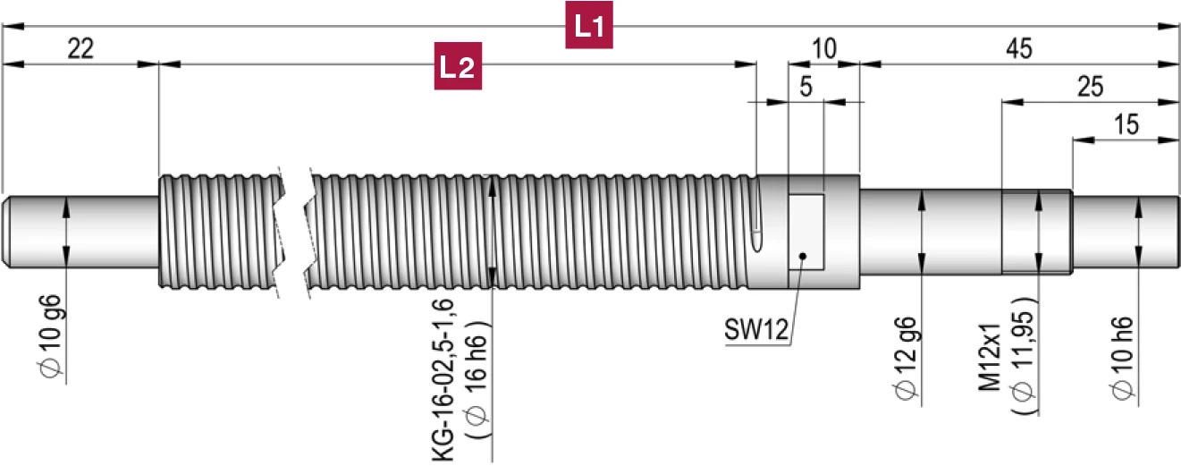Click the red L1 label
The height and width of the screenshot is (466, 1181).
[590, 27]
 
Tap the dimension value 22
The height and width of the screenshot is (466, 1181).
[80, 50]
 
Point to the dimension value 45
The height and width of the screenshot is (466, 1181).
[1018, 50]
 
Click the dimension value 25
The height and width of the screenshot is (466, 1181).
[1090, 87]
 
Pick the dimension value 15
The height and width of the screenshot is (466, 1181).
[1127, 125]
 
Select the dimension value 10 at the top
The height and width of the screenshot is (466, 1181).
[824, 50]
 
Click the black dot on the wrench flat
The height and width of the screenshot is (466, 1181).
[804, 258]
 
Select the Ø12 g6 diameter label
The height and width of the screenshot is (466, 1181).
[905, 355]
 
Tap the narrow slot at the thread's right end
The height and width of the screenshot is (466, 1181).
[760, 219]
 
